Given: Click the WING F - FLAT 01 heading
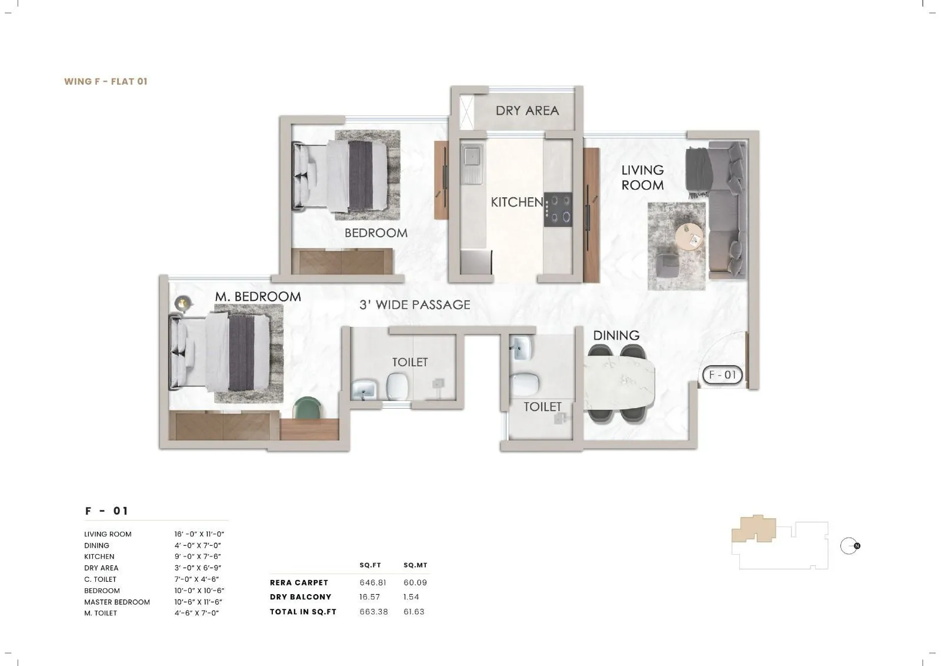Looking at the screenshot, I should tap(106, 82).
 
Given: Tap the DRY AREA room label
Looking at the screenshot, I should tap(527, 111).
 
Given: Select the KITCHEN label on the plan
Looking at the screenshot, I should tap(517, 202).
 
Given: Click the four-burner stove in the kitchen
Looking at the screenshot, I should tap(558, 209).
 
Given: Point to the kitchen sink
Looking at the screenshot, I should tap(472, 157).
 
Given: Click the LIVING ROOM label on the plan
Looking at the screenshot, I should tap(642, 177).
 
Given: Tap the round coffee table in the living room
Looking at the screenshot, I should tap(689, 238).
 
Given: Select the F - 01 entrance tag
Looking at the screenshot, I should tap(722, 375).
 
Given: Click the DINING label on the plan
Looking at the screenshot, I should tap(616, 336).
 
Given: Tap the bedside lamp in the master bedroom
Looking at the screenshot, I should tap(183, 303).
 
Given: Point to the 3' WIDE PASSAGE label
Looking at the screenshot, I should tap(415, 305).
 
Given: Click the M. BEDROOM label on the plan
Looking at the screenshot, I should tap(258, 297).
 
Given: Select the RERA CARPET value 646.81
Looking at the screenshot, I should tap(373, 582).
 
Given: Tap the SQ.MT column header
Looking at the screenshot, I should tap(415, 565).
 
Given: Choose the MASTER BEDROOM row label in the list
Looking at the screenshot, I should tap(117, 602).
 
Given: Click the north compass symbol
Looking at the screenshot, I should tap(849, 546).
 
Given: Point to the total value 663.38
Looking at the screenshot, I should tap(373, 612).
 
